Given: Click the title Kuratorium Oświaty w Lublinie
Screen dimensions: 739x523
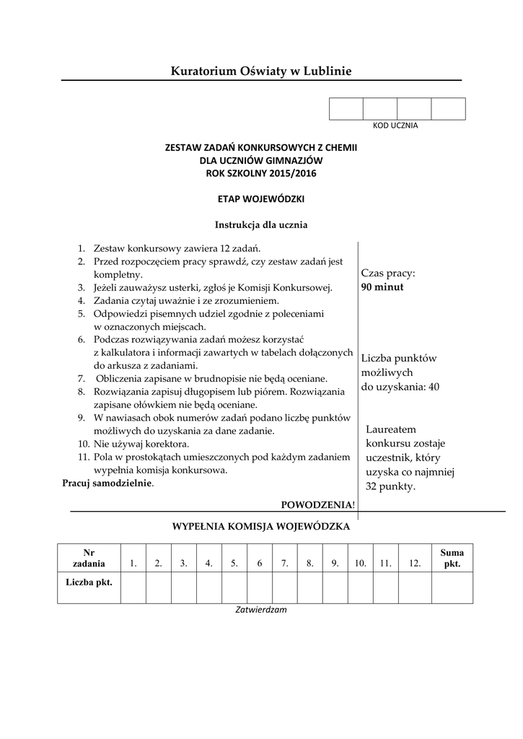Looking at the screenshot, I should pos(261,71).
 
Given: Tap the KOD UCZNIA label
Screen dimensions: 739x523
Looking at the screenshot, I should pos(395,126).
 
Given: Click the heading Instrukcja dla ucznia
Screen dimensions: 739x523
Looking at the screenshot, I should pos(261,224).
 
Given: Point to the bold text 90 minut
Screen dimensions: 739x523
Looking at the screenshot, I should pos(382,287).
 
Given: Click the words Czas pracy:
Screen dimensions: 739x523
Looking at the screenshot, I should pos(388,274).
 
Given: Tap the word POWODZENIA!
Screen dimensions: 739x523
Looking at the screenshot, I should pos(318,503).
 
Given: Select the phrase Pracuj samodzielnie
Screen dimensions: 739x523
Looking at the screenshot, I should pos(107,484).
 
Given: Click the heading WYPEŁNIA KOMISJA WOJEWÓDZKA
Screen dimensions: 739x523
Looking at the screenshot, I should pos(260,526).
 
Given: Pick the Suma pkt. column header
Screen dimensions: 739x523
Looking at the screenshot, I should pos(452,558).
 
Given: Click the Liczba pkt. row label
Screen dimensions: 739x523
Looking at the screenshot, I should pos(89,582).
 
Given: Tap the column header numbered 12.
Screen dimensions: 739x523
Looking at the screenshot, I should pos(414,564).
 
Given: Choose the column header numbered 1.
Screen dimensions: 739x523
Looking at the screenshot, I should pos(133,564).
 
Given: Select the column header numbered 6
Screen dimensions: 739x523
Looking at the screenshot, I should pos(259,564).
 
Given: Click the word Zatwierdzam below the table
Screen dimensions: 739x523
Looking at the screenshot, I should pos(261,610).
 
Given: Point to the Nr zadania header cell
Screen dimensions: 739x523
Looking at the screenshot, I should pos(89,558).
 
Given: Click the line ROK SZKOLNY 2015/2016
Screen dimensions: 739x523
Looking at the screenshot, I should pos(261,173).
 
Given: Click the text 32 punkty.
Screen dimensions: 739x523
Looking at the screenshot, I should pos(390,486).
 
